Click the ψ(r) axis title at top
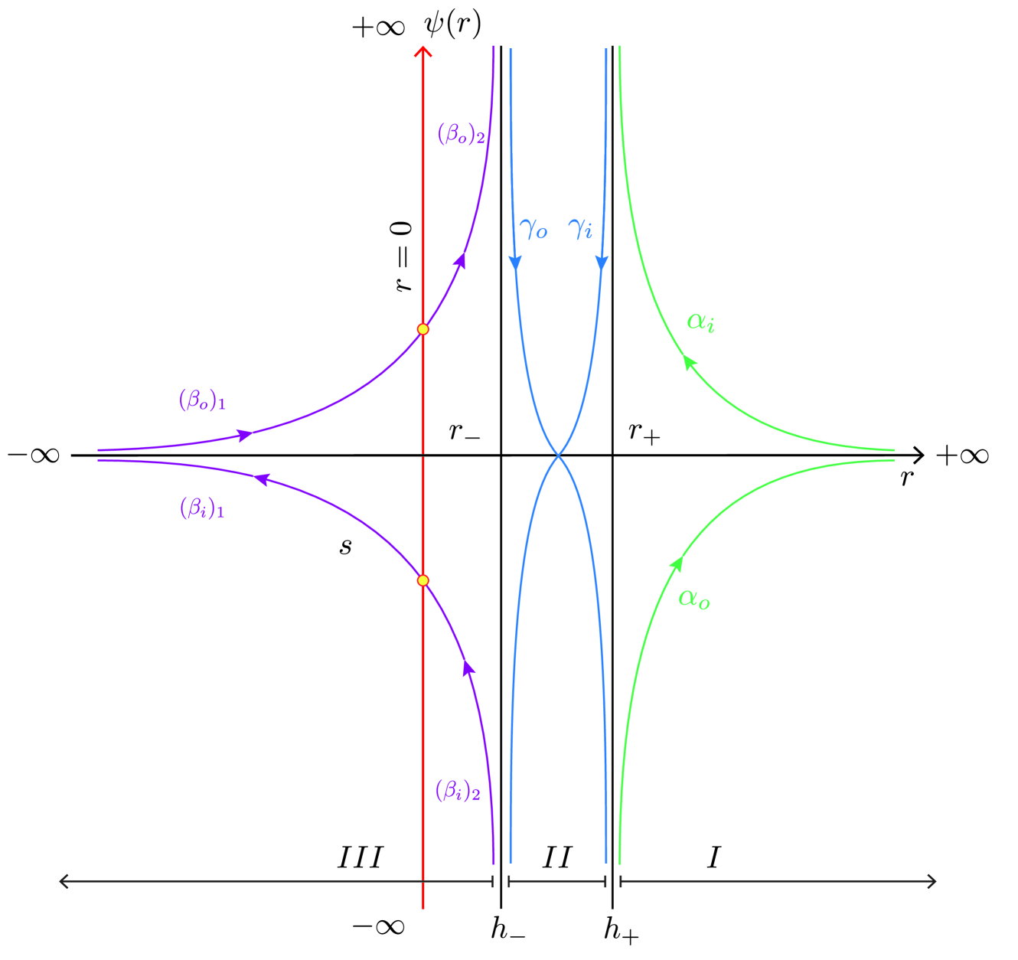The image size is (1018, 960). coord(452,24)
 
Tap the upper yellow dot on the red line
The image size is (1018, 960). coord(423,329)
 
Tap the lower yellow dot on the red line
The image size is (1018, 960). coord(423,580)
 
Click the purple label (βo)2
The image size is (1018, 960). coord(461,135)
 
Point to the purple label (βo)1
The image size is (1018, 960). coord(202,400)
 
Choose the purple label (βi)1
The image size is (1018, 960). coord(202,508)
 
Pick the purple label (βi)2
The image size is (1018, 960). coord(458,791)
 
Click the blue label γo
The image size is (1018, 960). coord(533,228)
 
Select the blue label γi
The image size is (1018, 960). coord(580,228)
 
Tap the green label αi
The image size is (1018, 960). coord(700,322)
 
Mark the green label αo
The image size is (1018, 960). coord(694,599)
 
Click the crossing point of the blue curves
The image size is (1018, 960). coord(558,456)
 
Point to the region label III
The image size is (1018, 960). coord(360,857)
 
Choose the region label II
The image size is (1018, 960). coord(556,857)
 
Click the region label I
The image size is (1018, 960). coord(713,857)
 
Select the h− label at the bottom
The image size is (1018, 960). coord(507,929)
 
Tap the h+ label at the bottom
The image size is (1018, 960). coord(621,929)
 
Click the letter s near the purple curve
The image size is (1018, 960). coord(346,547)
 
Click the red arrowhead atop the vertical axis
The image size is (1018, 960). coord(423,51)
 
